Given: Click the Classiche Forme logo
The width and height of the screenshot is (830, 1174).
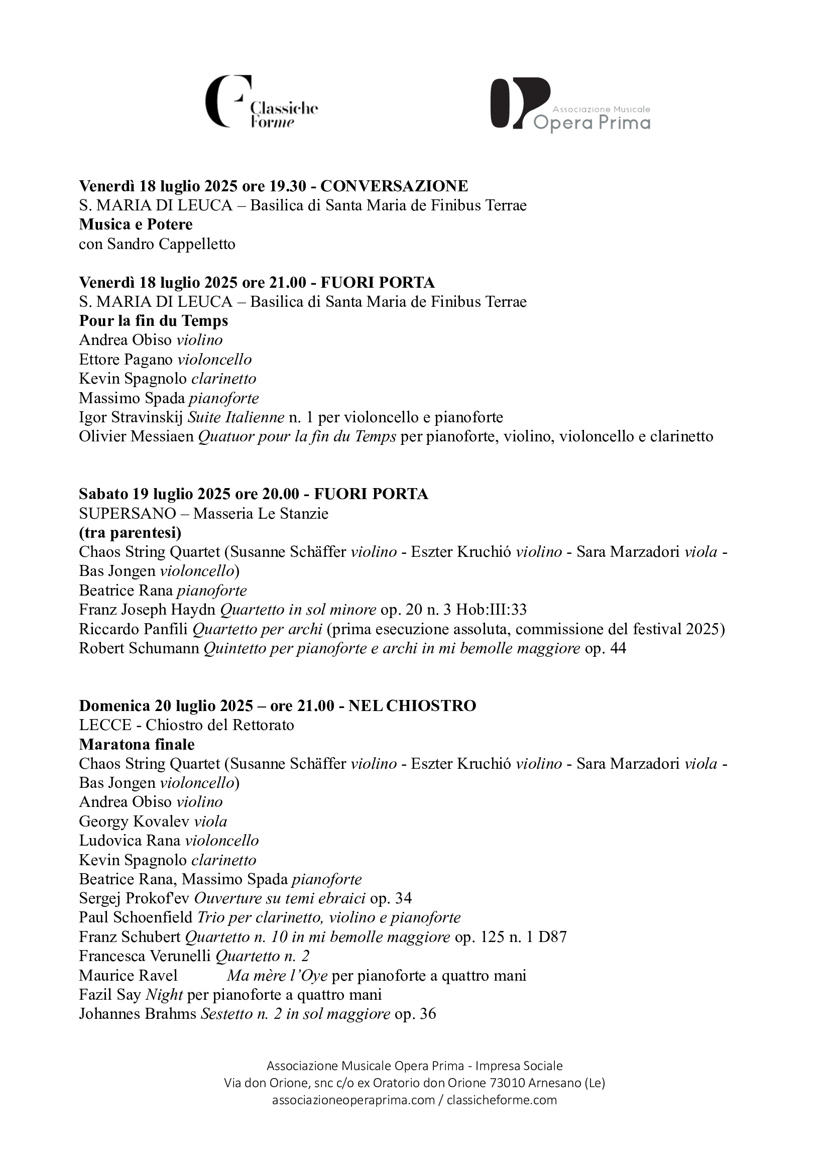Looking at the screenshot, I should click(x=261, y=102).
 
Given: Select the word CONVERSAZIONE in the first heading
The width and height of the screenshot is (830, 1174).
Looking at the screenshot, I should click(x=394, y=186).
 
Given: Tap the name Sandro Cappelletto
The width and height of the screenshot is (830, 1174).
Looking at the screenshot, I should click(x=171, y=244).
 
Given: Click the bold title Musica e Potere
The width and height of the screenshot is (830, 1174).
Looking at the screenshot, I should click(x=136, y=224).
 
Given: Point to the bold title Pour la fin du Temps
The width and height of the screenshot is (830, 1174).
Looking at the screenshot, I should click(x=154, y=320).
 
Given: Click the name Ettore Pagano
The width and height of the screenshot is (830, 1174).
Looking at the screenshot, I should click(x=126, y=360).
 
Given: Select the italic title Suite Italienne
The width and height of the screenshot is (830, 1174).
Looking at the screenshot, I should click(x=236, y=417).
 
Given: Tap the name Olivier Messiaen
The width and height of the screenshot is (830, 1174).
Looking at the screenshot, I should click(x=136, y=437).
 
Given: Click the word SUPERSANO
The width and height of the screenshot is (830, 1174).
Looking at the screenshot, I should click(x=120, y=513).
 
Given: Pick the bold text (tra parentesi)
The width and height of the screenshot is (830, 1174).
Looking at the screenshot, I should click(x=130, y=533).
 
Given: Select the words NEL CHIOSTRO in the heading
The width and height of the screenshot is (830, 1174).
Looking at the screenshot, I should click(x=412, y=706).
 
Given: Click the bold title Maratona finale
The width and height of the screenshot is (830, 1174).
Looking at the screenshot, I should click(x=137, y=745).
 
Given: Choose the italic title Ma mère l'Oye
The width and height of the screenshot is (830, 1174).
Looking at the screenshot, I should click(x=277, y=976).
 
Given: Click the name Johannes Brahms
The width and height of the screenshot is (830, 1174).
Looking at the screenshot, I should click(x=138, y=1014).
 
